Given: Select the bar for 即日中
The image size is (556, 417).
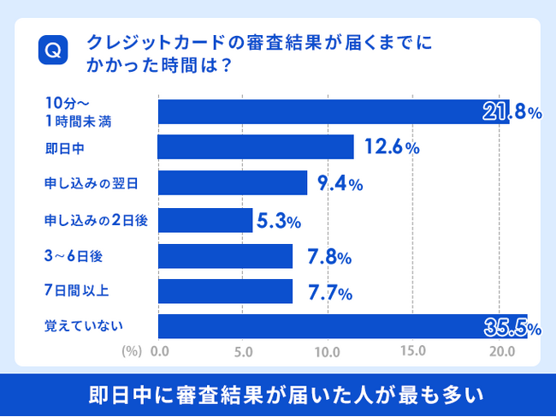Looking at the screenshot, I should point(256,147).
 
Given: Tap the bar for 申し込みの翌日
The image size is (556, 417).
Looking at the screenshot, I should point(233,183).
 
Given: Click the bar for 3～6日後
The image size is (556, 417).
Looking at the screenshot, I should point(225,256).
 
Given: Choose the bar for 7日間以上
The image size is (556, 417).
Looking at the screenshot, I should point(225,292).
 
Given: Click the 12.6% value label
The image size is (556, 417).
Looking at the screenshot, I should point(391,147).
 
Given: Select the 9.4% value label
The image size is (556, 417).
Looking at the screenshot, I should point(340,183).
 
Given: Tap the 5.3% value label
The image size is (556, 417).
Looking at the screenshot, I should point(278,222).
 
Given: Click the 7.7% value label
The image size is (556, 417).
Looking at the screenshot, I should point(328,293).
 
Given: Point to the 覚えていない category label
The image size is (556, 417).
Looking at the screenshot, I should point(84,325).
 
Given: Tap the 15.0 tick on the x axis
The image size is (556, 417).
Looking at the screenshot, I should point(413,351).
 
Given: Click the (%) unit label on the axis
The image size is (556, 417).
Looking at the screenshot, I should point(131,351).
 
